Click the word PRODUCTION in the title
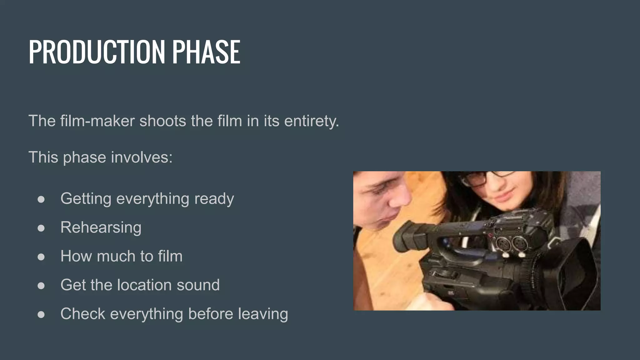(x=97, y=52)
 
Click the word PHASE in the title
(x=206, y=52)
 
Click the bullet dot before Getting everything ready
(x=41, y=199)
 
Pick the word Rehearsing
(x=101, y=228)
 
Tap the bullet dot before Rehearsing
(x=41, y=228)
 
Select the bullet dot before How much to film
(x=41, y=257)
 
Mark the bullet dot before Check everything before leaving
(x=41, y=314)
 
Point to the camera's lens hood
(x=575, y=272)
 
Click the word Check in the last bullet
(x=83, y=314)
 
